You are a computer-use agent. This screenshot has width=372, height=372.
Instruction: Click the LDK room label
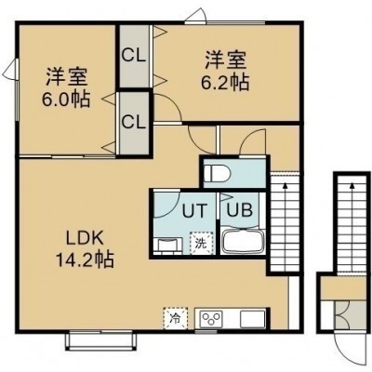(84, 239)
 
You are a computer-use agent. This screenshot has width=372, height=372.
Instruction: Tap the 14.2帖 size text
(85, 259)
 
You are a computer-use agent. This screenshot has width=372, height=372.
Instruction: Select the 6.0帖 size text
(66, 99)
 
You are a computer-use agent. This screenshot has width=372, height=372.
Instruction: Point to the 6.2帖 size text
(225, 82)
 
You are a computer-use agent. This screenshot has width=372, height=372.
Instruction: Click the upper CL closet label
(133, 56)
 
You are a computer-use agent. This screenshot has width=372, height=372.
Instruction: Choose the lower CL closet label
(133, 122)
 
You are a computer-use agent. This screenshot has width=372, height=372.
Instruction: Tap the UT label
(194, 211)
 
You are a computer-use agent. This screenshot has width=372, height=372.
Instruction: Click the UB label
(239, 210)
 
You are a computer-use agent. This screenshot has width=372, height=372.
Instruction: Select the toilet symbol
(217, 173)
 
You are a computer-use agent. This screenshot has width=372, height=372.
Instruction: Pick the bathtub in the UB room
(243, 241)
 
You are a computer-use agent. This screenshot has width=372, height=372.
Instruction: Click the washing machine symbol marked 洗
(202, 244)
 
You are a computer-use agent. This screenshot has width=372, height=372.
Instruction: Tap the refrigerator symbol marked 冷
(176, 318)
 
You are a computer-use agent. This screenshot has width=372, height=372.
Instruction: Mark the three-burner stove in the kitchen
(212, 318)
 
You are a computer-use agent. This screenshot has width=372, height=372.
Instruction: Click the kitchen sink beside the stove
(253, 318)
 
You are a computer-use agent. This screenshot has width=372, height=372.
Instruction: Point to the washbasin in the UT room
(167, 245)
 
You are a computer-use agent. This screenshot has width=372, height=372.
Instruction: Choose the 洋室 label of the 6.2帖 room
(225, 60)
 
